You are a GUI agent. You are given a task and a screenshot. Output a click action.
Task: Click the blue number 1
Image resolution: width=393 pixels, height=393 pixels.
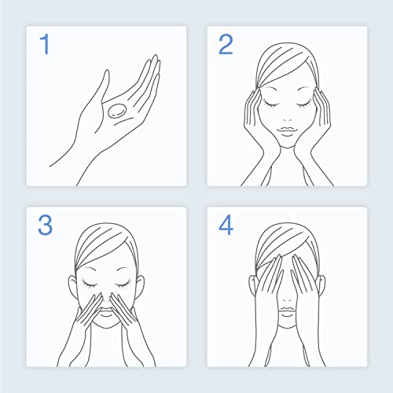(45, 44)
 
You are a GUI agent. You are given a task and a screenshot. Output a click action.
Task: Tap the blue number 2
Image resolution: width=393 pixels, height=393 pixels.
(226, 44)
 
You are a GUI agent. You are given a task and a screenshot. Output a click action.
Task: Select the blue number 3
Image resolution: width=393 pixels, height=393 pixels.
(45, 225)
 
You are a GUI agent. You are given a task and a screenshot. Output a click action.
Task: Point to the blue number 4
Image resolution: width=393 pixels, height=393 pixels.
(226, 225)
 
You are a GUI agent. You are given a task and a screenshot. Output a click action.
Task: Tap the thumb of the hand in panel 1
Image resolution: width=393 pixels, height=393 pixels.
(104, 85)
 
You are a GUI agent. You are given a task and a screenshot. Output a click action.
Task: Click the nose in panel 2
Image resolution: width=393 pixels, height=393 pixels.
(288, 119)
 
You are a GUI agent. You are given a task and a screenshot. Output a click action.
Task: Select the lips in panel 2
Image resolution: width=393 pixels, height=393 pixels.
(288, 131)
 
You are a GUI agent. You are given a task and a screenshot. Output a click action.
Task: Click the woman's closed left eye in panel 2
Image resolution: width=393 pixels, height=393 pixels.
(304, 104)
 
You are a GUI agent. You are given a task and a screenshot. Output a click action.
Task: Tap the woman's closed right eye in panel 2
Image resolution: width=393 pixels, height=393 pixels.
(271, 104)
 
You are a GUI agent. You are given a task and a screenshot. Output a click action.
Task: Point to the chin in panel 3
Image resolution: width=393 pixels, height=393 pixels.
(106, 324)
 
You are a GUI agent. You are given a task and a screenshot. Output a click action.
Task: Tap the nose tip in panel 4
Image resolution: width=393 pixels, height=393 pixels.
(288, 299)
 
